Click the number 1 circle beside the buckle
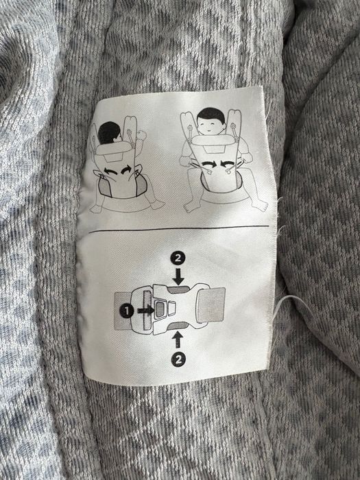click(127, 310)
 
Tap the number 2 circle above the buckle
click(178, 259)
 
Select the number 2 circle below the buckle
click(178, 357)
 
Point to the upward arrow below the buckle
click(178, 338)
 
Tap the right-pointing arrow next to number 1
click(145, 310)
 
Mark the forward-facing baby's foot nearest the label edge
click(259, 204)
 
